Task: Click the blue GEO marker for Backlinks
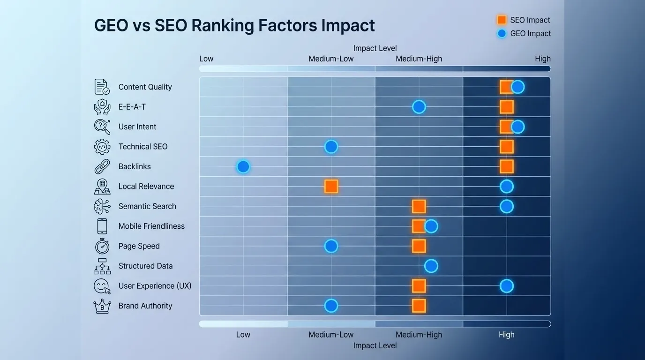coord(243,166)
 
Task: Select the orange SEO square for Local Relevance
coord(331,187)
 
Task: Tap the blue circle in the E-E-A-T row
coord(419,107)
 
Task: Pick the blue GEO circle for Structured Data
coord(431,266)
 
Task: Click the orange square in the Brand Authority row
coord(419,306)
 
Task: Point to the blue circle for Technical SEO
coord(331,147)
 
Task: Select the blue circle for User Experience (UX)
coord(506,286)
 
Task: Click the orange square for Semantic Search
coord(419,206)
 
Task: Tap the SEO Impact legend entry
coord(523,20)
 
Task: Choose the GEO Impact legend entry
coord(523,33)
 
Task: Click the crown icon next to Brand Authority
coord(102,306)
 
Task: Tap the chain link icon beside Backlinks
coord(102,166)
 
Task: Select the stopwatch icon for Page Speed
coord(102,246)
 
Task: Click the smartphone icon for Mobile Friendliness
coord(102,226)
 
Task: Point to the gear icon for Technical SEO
coord(102,147)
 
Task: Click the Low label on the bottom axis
coord(243,335)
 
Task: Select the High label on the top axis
coord(542,59)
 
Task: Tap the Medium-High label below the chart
coord(419,335)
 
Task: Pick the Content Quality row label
coord(145,87)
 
